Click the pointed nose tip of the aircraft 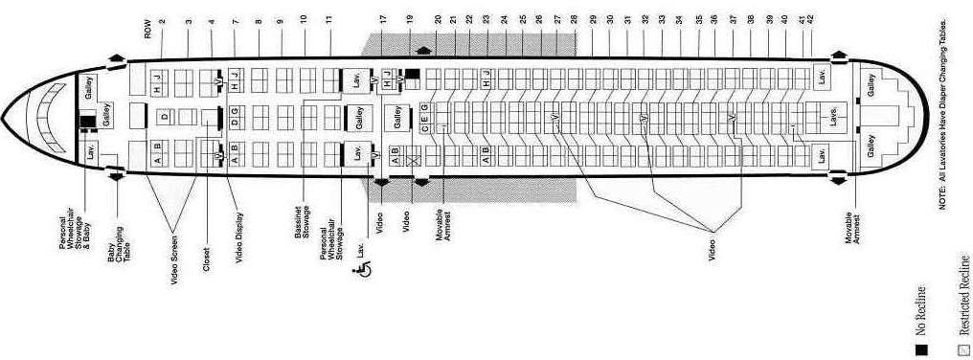click(4, 120)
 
